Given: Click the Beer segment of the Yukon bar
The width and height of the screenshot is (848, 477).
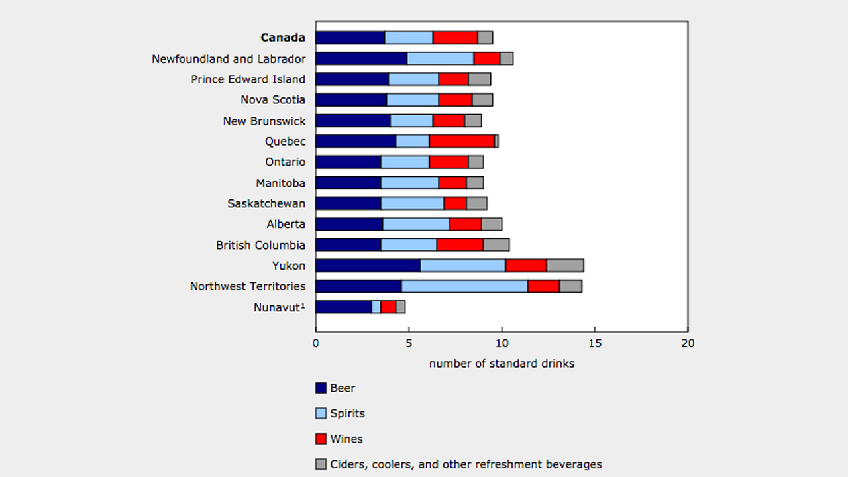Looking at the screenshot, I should pyautogui.click(x=368, y=266).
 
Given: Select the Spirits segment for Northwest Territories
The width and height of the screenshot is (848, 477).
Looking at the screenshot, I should pyautogui.click(x=464, y=286).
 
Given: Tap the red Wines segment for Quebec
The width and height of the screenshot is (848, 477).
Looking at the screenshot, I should pyautogui.click(x=462, y=141).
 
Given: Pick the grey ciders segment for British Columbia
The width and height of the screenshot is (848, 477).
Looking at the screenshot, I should pyautogui.click(x=496, y=245).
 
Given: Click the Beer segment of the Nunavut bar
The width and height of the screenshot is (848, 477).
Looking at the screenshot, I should pyautogui.click(x=343, y=307).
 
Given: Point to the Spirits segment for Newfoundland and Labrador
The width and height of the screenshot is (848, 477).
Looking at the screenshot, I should pyautogui.click(x=441, y=58).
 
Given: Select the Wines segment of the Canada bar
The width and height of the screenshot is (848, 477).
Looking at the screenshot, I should pyautogui.click(x=455, y=38).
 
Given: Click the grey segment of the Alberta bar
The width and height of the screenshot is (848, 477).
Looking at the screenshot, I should pyautogui.click(x=492, y=224).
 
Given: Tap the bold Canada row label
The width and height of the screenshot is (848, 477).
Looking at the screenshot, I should pyautogui.click(x=283, y=38).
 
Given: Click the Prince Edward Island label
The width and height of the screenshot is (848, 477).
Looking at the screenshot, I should pyautogui.click(x=248, y=79).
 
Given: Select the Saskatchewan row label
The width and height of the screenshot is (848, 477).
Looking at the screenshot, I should pyautogui.click(x=266, y=203).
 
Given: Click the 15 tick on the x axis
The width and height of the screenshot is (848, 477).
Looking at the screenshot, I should pyautogui.click(x=594, y=343).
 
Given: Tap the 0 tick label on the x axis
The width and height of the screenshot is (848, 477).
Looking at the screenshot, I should pyautogui.click(x=315, y=343).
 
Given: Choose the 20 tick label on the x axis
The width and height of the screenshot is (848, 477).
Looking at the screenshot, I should pyautogui.click(x=688, y=343).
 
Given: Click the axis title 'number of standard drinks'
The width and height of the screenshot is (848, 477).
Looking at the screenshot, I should pyautogui.click(x=502, y=364).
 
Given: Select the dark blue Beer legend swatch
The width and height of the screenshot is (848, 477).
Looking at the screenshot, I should pyautogui.click(x=321, y=388).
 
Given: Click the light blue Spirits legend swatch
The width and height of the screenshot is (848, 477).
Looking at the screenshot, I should pyautogui.click(x=321, y=413).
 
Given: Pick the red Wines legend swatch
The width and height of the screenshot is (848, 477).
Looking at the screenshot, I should pyautogui.click(x=321, y=439).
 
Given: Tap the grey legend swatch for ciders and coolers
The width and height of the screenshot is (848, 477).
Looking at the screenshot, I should pyautogui.click(x=321, y=464).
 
